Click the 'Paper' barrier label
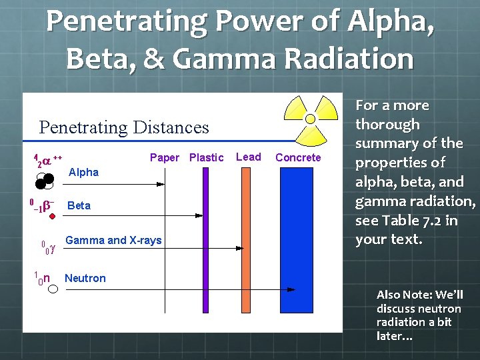(x=164, y=158)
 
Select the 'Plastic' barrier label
(x=206, y=158)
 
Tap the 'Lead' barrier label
(x=249, y=157)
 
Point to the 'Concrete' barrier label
(x=298, y=158)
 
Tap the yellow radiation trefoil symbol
(x=310, y=117)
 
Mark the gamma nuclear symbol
(x=47, y=248)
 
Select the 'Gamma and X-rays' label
(x=113, y=240)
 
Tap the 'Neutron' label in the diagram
(x=85, y=279)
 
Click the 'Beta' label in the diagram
(x=79, y=205)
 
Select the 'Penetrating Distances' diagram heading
(x=124, y=127)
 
